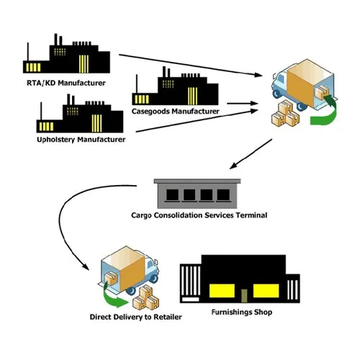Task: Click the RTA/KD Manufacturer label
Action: click(66, 83)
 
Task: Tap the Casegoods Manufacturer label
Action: click(175, 112)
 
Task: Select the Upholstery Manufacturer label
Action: click(81, 140)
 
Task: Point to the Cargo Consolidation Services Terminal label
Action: click(199, 215)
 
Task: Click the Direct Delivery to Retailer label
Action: click(136, 317)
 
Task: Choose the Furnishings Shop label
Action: click(242, 312)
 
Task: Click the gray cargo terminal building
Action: click(197, 194)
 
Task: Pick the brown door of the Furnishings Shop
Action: click(244, 296)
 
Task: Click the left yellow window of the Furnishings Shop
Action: click(222, 291)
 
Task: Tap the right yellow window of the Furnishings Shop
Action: click(266, 291)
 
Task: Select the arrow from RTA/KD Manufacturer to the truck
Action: click(190, 66)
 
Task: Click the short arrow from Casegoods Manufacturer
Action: click(243, 104)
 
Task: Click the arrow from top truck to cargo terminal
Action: click(251, 154)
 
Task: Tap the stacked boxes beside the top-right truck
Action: click(286, 114)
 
